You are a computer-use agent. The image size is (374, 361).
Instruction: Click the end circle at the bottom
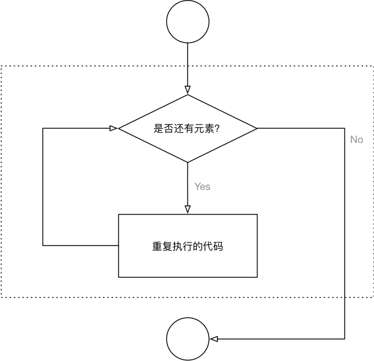pyautogui.click(x=188, y=340)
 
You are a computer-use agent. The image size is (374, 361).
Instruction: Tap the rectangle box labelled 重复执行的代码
pyautogui.click(x=188, y=246)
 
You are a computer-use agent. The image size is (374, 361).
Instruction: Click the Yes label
pyautogui.click(x=202, y=187)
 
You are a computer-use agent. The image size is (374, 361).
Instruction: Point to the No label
pyautogui.click(x=356, y=140)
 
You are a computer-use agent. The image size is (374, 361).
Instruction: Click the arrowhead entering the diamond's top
pyautogui.click(x=188, y=90)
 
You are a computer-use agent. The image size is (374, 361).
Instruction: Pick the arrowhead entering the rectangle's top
pyautogui.click(x=188, y=209)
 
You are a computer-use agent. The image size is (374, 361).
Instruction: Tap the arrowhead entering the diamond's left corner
pyautogui.click(x=114, y=128)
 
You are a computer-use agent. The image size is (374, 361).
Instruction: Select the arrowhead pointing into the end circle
pyautogui.click(x=213, y=339)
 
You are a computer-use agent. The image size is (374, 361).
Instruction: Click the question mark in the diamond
pyautogui.click(x=217, y=129)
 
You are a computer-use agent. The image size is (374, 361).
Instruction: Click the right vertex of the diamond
pyautogui.click(x=257, y=128)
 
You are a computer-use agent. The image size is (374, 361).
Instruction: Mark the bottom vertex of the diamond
pyautogui.click(x=188, y=162)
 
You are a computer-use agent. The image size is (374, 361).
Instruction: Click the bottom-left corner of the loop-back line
pyautogui.click(x=43, y=246)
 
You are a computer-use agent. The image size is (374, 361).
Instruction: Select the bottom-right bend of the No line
pyautogui.click(x=346, y=339)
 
